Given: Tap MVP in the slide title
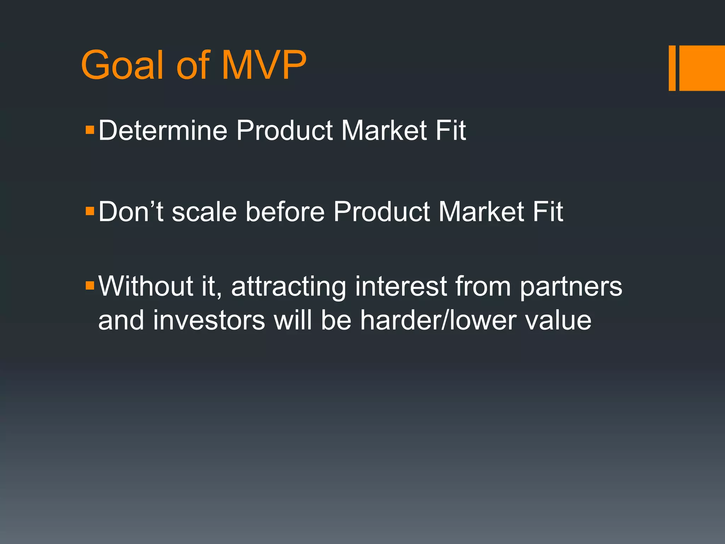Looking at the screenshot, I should [264, 66].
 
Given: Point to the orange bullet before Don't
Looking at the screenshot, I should [90, 211].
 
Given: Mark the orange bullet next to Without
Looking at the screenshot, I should [90, 285].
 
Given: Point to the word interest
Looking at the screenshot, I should [401, 286].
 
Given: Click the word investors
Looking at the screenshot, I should [209, 320].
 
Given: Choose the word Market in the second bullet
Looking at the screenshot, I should [481, 212].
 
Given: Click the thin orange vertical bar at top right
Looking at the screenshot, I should [672, 68].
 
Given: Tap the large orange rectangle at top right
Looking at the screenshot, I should [702, 68].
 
